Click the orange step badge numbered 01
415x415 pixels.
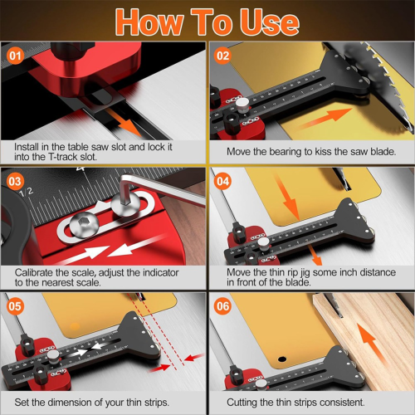15,56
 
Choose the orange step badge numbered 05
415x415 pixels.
15,305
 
